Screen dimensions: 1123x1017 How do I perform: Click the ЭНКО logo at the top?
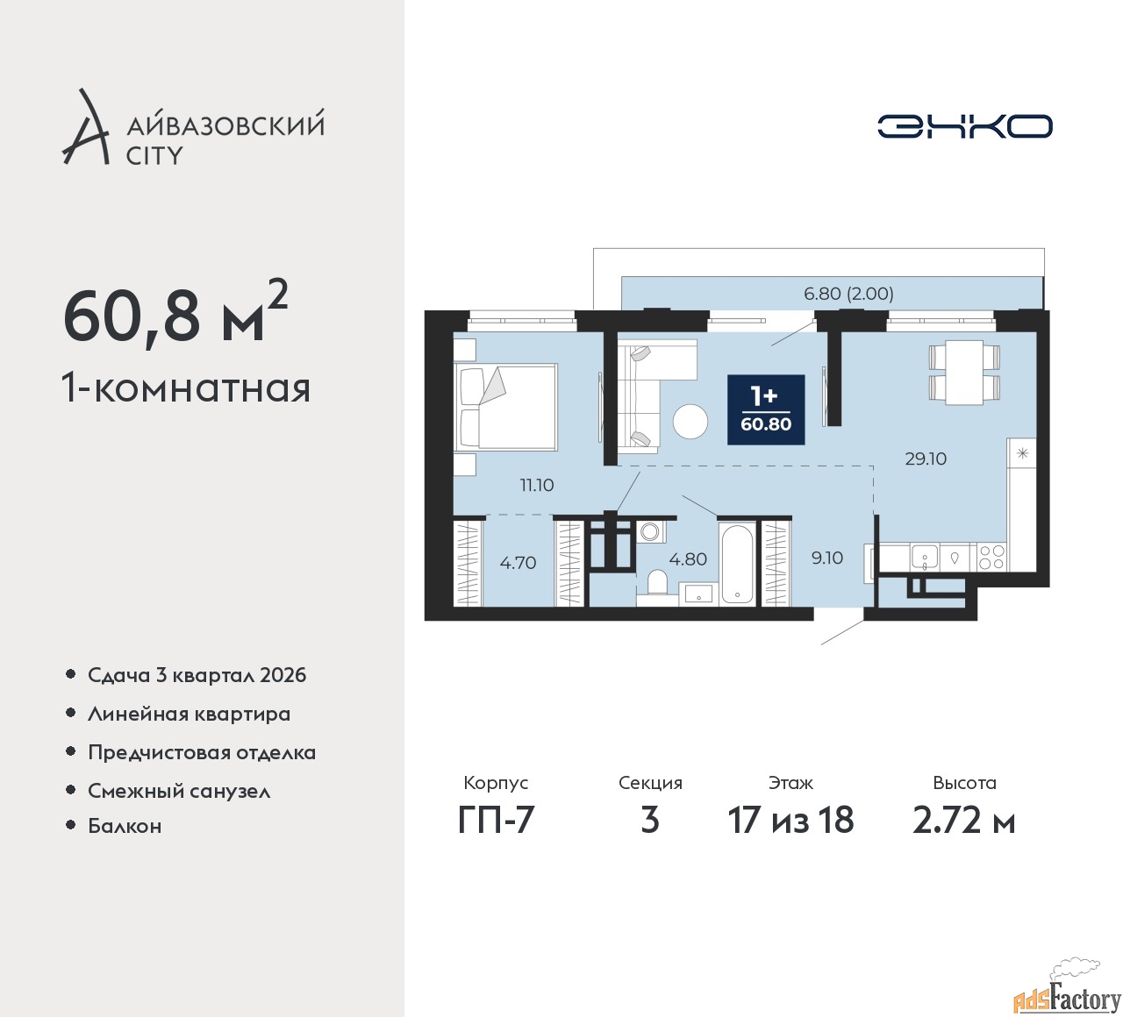[x=964, y=126]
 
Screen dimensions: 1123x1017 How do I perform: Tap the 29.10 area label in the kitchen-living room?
[x=926, y=459]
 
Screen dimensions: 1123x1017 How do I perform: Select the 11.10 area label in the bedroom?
[x=537, y=485]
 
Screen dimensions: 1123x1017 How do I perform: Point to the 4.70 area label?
[x=518, y=563]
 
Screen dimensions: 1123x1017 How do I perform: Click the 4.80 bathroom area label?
[x=688, y=558]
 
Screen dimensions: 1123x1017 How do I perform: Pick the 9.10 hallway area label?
[x=826, y=558]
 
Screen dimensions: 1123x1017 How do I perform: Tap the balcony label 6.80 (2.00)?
[x=848, y=293]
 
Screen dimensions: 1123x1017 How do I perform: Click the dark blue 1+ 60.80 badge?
[x=766, y=410]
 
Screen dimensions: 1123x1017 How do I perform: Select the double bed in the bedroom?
[x=505, y=407]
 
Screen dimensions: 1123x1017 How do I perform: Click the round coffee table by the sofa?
[x=690, y=422]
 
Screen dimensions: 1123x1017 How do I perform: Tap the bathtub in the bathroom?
[x=736, y=564]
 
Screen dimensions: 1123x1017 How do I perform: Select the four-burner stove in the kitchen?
[x=991, y=558]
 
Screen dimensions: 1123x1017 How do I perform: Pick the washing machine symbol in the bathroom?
[x=649, y=531]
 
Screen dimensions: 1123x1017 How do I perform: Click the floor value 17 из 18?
[x=790, y=820]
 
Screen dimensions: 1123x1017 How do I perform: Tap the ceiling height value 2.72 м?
[x=964, y=820]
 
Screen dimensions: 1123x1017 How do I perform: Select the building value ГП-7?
[x=496, y=820]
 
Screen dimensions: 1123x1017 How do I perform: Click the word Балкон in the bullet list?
[x=125, y=826]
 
